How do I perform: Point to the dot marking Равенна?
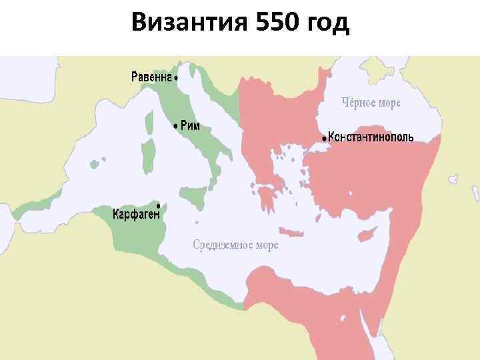(x=176, y=77)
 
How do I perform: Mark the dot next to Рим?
(x=175, y=125)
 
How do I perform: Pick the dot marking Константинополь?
(x=325, y=138)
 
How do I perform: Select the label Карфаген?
(x=135, y=215)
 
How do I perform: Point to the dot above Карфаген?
(x=158, y=204)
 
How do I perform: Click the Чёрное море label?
(x=371, y=103)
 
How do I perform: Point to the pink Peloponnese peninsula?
(x=269, y=196)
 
